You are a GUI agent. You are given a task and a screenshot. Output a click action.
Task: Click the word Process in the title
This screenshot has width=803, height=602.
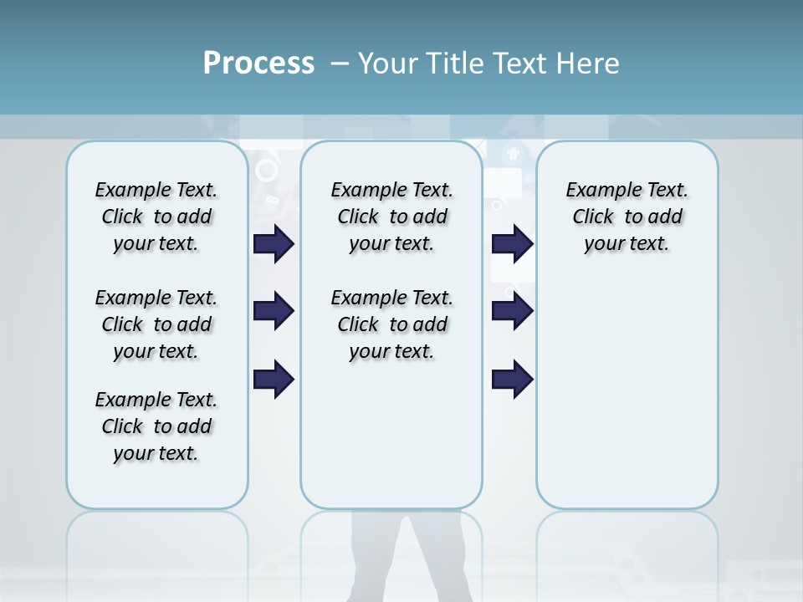tap(258, 63)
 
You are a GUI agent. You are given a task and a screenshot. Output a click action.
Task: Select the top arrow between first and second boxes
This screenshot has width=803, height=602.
tap(274, 243)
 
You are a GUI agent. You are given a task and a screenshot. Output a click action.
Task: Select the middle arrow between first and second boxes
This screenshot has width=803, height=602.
tap(274, 311)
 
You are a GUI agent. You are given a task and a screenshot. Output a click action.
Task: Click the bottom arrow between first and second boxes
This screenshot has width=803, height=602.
tap(274, 379)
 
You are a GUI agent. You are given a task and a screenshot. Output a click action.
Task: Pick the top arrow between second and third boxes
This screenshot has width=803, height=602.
tap(512, 243)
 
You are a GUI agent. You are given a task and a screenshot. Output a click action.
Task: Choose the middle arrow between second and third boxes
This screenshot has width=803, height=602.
tap(512, 311)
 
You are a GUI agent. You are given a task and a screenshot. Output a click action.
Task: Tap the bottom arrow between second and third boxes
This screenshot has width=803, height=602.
tap(512, 379)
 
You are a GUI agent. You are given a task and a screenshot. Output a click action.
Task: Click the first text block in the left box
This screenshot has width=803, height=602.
tap(156, 217)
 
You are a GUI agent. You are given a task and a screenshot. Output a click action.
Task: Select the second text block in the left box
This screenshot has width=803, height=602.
tap(156, 324)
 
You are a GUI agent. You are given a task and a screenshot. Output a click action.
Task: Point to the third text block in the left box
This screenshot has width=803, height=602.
tap(156, 426)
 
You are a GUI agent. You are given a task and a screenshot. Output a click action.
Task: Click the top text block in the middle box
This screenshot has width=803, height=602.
tap(391, 217)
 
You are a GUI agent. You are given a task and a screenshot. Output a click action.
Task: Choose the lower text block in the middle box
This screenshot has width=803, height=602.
tap(391, 324)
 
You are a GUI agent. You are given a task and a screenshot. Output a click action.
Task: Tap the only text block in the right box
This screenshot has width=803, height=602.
tap(627, 217)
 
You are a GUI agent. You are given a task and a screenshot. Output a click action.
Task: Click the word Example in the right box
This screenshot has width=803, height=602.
tap(597, 191)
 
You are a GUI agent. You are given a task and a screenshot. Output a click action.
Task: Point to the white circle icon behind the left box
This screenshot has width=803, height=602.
tap(266, 171)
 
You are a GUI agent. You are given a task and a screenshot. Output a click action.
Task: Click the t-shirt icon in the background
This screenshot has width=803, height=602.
tap(511, 153)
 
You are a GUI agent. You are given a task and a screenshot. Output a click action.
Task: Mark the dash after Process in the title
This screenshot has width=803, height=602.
tap(340, 63)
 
